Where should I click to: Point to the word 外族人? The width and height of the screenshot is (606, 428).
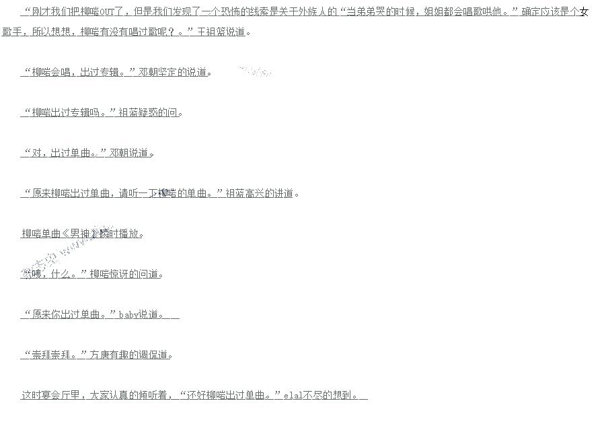(311, 11)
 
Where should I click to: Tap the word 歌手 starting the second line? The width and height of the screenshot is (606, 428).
(13, 32)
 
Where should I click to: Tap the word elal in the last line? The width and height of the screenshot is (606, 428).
(292, 395)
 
